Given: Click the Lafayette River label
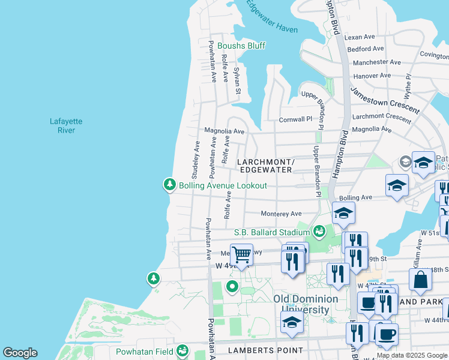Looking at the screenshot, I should (66, 125).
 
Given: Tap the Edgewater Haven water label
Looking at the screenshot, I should (271, 16).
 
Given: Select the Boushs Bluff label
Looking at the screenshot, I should (241, 46).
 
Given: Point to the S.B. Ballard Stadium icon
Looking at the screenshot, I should (319, 231).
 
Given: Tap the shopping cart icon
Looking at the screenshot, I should (241, 254).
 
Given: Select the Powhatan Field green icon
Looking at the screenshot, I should (182, 351).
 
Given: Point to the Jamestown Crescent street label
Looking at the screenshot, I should (385, 100).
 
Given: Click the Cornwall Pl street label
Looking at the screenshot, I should (296, 119).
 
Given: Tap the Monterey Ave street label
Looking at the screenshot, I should (281, 214).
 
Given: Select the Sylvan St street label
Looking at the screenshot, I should (237, 80).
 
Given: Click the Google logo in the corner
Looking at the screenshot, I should (20, 353).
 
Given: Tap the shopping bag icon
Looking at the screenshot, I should (420, 280).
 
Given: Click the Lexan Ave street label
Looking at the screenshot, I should (360, 37).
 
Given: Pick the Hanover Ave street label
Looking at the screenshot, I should (372, 76).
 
